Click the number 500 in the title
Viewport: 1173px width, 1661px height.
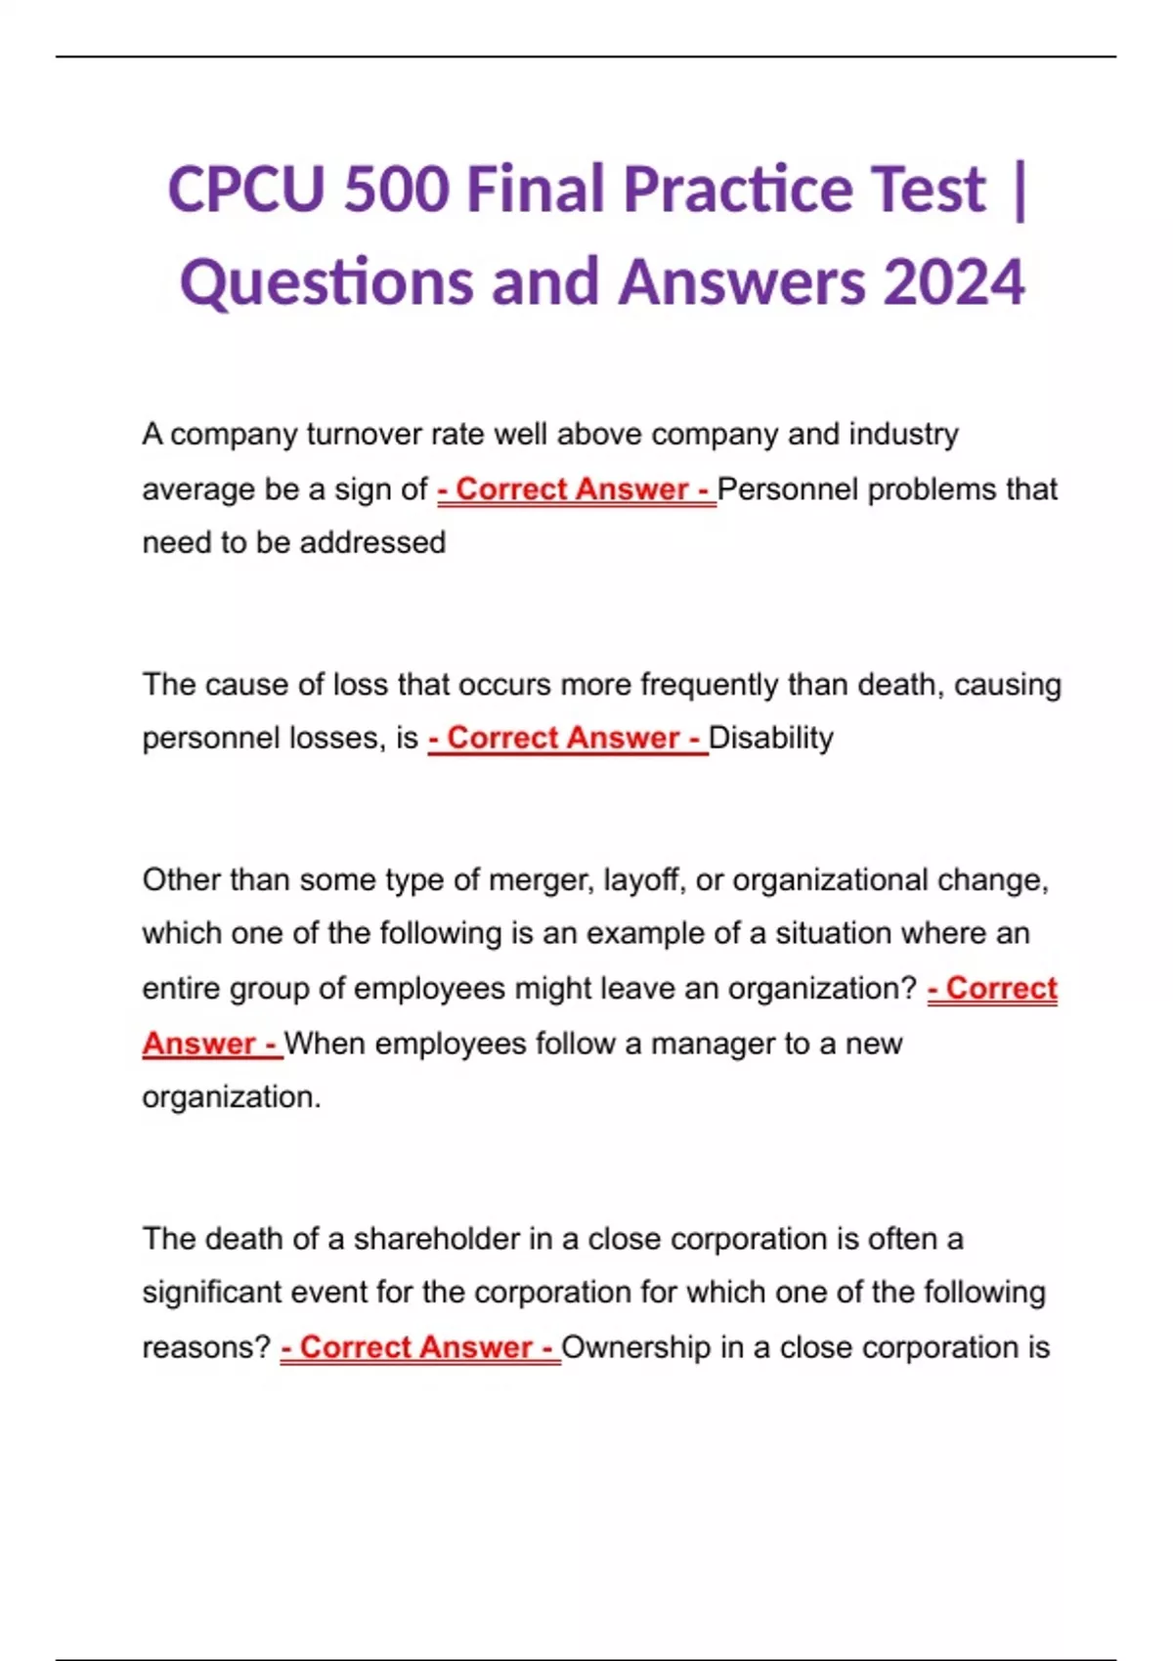396,189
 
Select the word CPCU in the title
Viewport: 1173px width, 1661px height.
245,189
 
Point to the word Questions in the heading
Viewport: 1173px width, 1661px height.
326,282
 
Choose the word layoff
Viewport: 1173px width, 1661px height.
644,880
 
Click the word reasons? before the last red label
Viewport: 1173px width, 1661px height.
206,1347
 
